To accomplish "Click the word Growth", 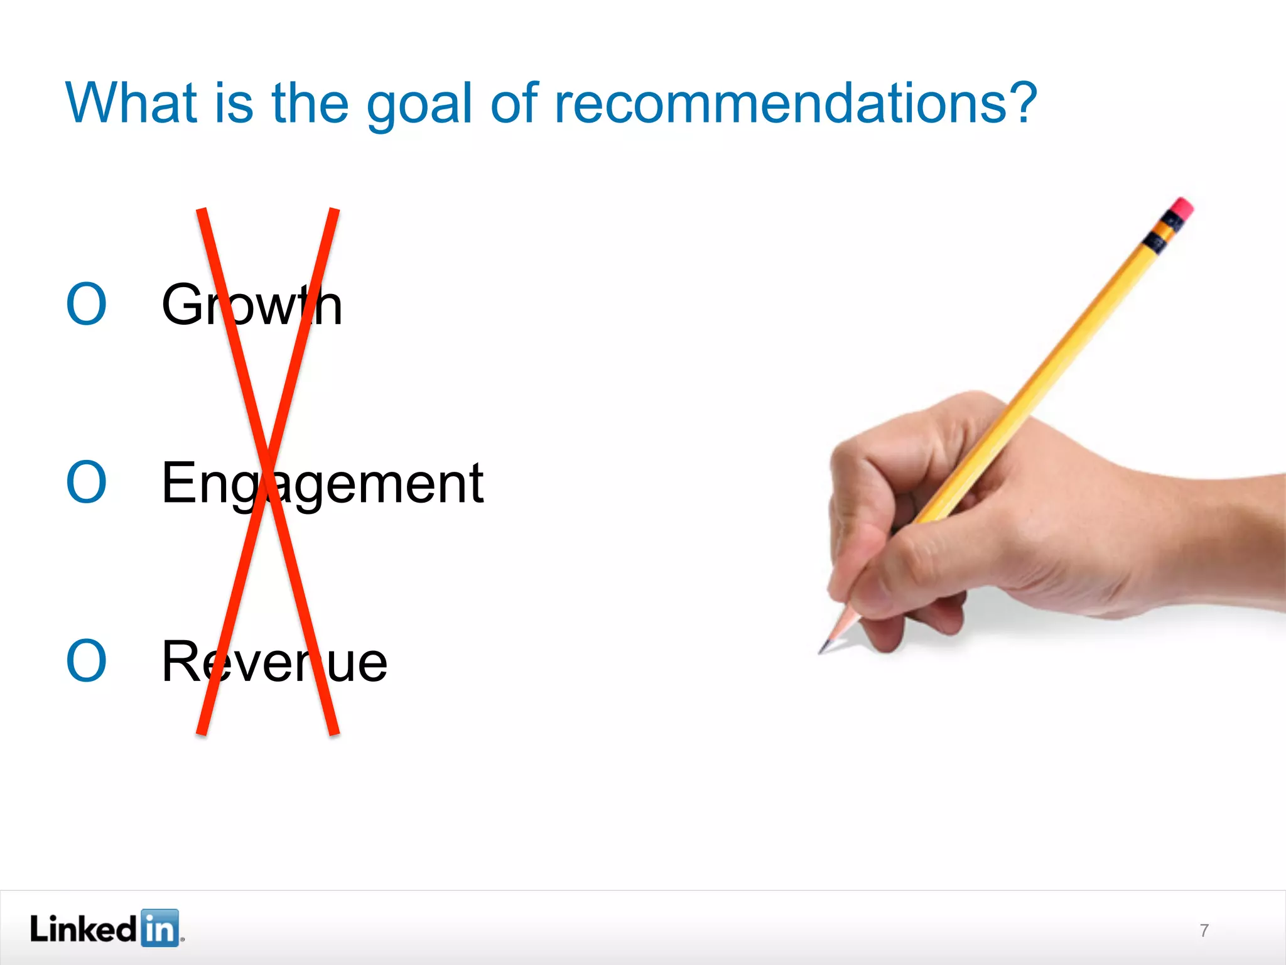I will [x=252, y=305].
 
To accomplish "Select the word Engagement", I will [x=322, y=484].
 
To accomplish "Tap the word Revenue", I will [x=274, y=662].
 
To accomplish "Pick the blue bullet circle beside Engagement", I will [x=87, y=482].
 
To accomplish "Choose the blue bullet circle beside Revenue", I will [x=87, y=661].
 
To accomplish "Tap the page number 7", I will [x=1204, y=930].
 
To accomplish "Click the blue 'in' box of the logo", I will [x=159, y=928].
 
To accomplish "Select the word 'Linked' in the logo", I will [x=83, y=929].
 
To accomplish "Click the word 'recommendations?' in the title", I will [x=796, y=103].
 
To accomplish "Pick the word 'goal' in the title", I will [x=419, y=104].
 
